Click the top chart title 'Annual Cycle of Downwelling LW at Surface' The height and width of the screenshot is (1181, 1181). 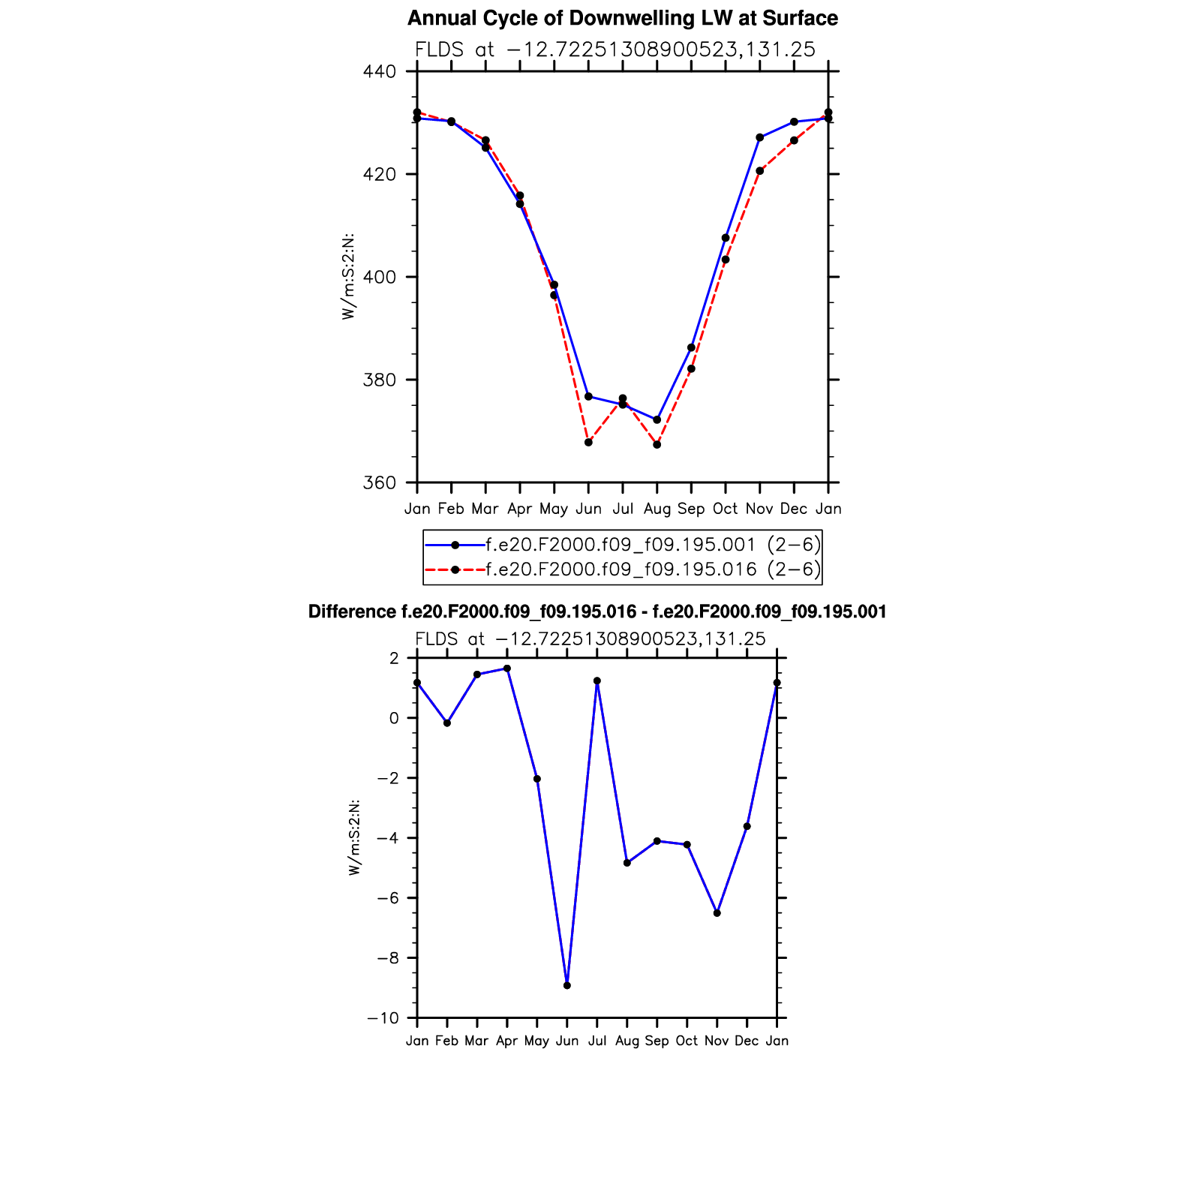(622, 18)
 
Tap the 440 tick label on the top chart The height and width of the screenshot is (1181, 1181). (379, 72)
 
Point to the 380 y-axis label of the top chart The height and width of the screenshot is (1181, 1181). (379, 380)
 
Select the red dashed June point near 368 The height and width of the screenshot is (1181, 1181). (588, 443)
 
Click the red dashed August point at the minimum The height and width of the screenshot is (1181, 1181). (657, 445)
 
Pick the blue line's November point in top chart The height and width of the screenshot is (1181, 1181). (759, 137)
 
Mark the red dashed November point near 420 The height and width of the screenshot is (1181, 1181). (759, 171)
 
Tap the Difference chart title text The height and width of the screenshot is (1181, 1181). (597, 612)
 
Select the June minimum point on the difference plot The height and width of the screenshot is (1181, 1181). (567, 985)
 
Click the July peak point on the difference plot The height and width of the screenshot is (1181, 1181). (597, 681)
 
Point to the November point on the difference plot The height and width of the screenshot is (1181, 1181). (717, 913)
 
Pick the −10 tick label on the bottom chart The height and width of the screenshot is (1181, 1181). (383, 1018)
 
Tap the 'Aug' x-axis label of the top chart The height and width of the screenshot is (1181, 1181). (657, 509)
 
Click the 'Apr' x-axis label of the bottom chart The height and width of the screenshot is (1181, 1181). (507, 1041)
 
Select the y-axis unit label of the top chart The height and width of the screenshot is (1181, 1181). (348, 278)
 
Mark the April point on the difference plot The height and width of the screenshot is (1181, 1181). (507, 669)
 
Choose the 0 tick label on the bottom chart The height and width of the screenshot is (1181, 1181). (394, 718)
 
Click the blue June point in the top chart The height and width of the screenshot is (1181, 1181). (588, 396)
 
